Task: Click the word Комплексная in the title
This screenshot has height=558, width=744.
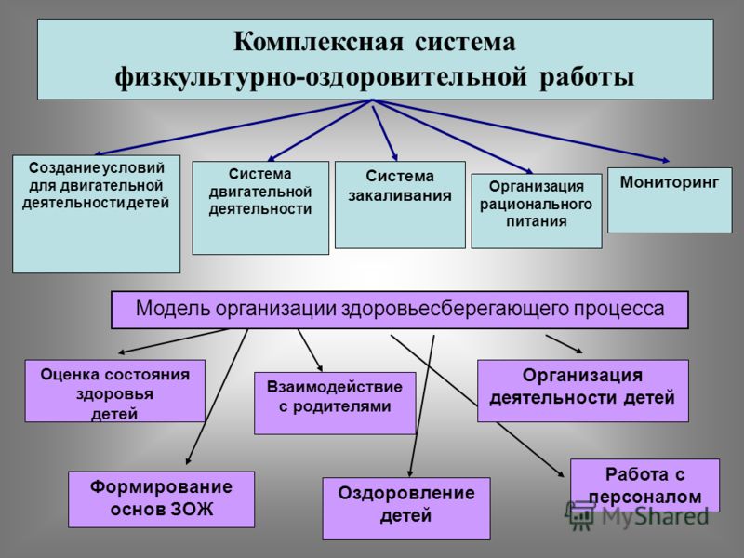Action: point(318,42)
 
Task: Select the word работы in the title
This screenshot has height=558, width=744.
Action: point(587,77)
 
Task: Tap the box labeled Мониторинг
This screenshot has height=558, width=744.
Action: point(670,200)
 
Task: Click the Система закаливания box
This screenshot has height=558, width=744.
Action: point(400,205)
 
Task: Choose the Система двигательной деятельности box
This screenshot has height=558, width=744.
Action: point(260,207)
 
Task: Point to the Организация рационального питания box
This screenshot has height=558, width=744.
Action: point(537,211)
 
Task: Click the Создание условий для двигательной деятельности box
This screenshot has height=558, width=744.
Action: point(97,214)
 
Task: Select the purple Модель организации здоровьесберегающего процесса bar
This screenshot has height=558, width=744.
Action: point(400,310)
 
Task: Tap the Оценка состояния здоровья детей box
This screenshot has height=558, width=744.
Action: point(114,391)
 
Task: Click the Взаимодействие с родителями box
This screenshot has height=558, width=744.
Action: point(335,404)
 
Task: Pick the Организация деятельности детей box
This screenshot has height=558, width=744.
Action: point(583,391)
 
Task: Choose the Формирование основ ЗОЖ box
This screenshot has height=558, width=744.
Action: point(161,499)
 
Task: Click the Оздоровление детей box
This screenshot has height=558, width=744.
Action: point(406,509)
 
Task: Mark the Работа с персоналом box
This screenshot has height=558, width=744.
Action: point(644,485)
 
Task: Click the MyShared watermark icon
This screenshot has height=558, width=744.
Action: point(579,515)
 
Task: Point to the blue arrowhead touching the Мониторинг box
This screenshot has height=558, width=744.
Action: point(665,161)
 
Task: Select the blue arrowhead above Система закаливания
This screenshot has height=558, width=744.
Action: point(394,157)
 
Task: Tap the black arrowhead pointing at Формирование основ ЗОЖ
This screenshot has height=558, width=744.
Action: point(189,460)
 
